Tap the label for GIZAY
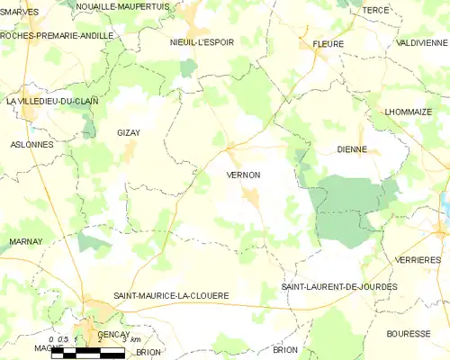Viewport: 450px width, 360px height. point(128,132)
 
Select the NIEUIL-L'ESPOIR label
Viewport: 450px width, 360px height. point(202,42)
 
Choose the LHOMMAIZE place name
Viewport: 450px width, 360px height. point(409,112)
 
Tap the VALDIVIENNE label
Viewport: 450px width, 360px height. point(421,42)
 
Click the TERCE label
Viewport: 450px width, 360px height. point(374,10)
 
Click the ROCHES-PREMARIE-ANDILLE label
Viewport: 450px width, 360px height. point(57,35)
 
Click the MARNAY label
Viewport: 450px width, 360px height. point(26,242)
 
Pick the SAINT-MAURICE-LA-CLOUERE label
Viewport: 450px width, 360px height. point(171,295)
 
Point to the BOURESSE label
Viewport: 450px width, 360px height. point(409,333)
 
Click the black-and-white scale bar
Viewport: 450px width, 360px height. point(87,354)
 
